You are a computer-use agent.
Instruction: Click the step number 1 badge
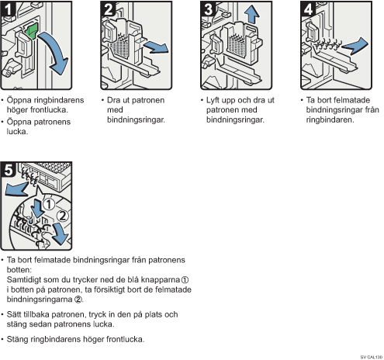pos(8,9)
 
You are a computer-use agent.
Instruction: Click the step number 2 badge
pos(108,9)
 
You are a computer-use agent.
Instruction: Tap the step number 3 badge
pos(208,9)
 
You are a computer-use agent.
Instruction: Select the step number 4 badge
pos(308,9)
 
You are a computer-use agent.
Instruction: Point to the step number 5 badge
pos(9,170)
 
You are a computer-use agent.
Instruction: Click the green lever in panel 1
pos(31,31)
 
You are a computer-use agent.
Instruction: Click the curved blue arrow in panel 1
pos(56,52)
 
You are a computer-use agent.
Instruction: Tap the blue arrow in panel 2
pos(156,47)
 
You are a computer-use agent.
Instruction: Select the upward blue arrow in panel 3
pos(251,14)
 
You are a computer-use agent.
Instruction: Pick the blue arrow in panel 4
pos(355,46)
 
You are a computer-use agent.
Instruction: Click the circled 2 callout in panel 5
pos(63,216)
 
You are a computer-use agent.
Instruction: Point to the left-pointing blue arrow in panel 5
pos(16,189)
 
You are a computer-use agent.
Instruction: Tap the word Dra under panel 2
pos(114,100)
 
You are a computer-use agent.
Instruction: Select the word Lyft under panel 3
pos(213,100)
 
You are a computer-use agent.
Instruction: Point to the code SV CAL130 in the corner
pos(372,357)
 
